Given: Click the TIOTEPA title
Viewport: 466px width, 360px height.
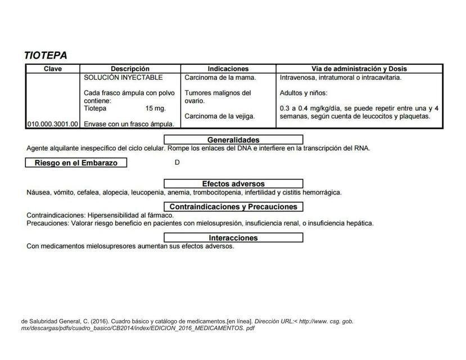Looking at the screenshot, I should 46,55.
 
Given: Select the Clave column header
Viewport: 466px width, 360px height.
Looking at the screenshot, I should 53,69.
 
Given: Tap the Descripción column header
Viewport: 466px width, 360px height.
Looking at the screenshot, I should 130,69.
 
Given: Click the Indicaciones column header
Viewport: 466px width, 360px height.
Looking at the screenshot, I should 228,69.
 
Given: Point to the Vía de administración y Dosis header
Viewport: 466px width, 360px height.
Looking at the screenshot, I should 359,69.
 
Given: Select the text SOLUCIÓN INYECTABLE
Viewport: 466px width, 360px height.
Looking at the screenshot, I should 123,77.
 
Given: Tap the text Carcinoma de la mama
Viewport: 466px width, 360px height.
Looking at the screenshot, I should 220,77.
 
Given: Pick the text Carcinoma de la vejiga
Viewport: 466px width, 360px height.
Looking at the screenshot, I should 220,116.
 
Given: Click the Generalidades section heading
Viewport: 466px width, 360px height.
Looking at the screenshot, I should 233,139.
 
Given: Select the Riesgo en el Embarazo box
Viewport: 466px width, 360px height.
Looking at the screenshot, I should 76,163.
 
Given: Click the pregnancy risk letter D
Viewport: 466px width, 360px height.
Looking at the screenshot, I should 177,163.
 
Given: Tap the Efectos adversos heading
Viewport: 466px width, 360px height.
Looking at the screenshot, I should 233,183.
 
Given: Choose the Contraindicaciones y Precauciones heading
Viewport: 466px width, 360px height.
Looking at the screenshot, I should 233,206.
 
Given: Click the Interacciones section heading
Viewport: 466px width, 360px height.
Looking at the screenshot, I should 233,237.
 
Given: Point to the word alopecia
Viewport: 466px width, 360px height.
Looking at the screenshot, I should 114,192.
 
